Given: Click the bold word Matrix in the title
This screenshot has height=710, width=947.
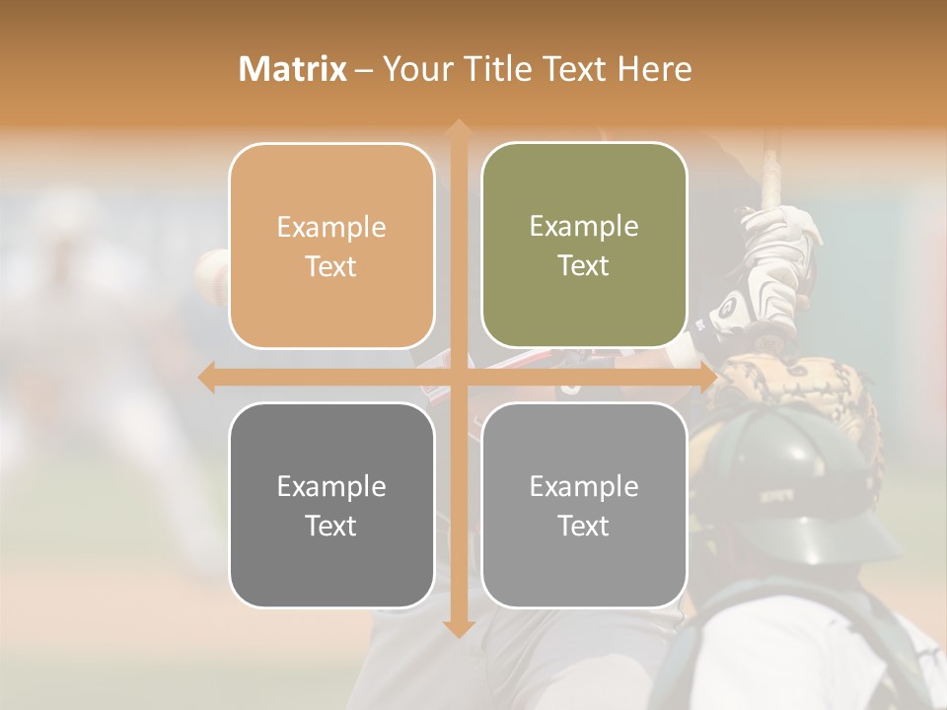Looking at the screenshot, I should coord(292,69).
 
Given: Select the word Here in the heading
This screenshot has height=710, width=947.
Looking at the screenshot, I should coord(654,69).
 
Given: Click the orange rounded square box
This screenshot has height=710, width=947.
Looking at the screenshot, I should coord(331,246).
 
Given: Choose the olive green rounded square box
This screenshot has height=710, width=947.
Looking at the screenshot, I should coord(584,245).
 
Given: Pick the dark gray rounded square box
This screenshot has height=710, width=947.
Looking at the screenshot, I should coord(331,505).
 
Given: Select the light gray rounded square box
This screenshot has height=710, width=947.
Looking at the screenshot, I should coord(584,505).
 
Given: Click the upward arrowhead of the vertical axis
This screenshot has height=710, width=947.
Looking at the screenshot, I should coord(458,128).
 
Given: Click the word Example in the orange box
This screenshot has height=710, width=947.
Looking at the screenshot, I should coord(331,227).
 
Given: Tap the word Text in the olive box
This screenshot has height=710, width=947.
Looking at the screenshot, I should coord(584,265).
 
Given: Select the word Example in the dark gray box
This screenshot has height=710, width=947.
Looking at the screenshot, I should coord(331,486).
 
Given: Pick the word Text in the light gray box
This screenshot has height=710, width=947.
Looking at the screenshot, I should coord(584,526).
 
